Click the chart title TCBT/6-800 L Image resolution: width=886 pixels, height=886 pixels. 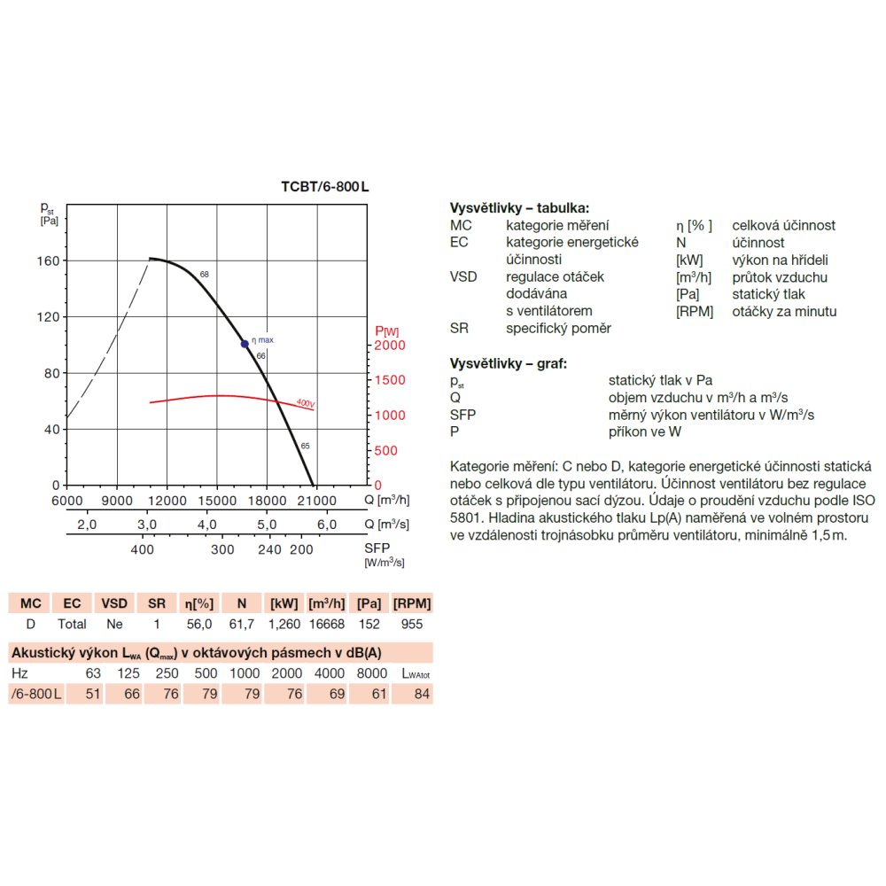click(x=325, y=186)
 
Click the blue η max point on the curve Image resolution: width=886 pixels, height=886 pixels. click(x=245, y=344)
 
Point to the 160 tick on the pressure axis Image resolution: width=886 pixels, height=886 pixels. click(x=48, y=261)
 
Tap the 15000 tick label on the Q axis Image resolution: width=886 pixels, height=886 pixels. click(x=217, y=501)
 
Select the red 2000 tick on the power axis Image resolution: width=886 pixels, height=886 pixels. click(x=390, y=346)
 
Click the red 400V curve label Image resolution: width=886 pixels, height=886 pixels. click(x=306, y=403)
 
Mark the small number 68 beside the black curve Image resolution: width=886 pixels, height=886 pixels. click(x=205, y=274)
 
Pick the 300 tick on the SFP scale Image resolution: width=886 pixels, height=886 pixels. click(x=222, y=549)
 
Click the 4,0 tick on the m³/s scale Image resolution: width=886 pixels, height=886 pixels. click(x=206, y=525)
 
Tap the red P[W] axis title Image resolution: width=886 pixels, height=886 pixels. click(x=387, y=331)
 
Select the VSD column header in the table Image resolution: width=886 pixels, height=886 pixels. click(x=114, y=603)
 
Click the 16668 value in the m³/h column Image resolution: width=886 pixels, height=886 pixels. click(x=327, y=624)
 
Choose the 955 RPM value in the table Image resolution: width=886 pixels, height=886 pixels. click(x=412, y=624)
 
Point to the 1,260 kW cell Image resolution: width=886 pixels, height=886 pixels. click(x=284, y=624)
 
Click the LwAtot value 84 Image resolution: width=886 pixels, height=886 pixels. click(x=422, y=694)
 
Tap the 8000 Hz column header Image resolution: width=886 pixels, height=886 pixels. click(x=372, y=673)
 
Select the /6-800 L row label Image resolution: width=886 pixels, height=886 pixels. click(x=36, y=694)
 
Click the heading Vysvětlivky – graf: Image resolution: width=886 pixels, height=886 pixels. click(x=508, y=363)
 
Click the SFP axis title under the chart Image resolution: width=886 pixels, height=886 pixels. click(x=377, y=548)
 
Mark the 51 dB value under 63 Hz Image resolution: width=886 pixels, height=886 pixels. click(x=93, y=694)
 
